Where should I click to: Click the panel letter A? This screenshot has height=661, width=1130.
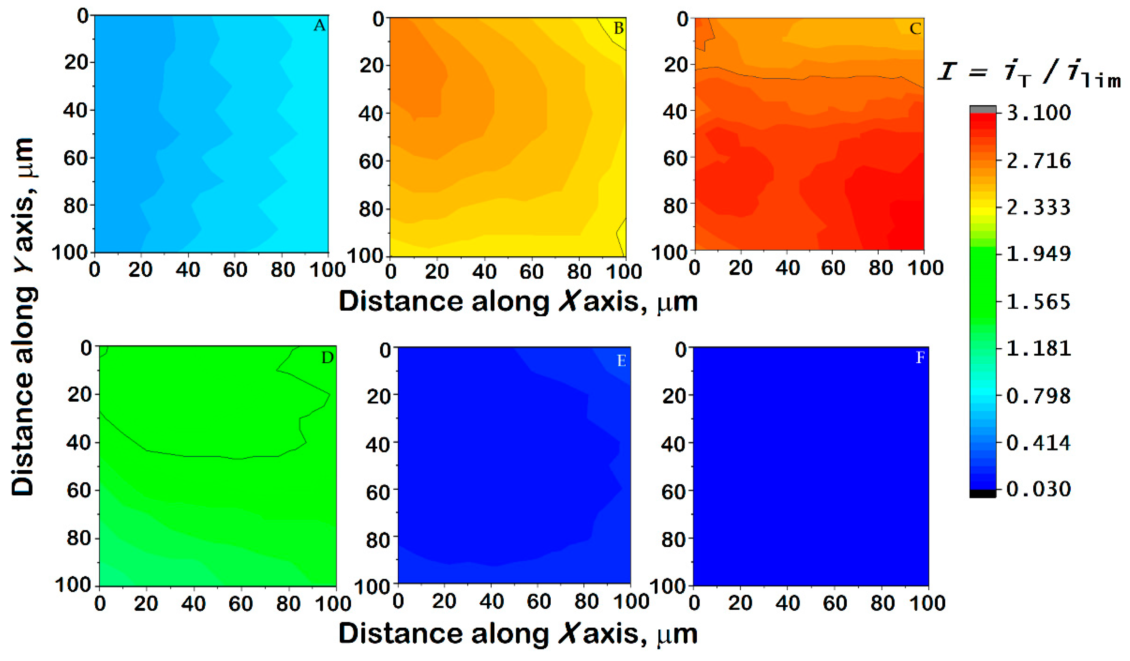tap(319, 26)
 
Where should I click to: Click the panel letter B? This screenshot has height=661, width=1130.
tap(618, 28)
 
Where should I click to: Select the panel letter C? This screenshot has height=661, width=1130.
tap(915, 29)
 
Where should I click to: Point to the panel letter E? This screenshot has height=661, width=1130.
tap(621, 361)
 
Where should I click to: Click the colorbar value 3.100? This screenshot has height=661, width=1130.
tap(1038, 112)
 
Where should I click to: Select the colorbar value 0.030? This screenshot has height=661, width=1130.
tap(1038, 488)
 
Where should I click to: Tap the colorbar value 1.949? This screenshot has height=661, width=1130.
tap(1038, 254)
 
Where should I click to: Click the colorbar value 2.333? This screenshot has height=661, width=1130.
tap(1038, 207)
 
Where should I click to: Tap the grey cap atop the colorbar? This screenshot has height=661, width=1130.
tap(982, 109)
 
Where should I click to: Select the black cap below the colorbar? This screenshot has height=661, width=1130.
tap(982, 493)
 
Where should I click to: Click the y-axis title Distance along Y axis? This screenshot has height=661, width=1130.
tap(22, 316)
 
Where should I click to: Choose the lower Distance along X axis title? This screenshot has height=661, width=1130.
tap(518, 634)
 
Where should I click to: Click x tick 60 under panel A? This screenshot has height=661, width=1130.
tap(235, 270)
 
